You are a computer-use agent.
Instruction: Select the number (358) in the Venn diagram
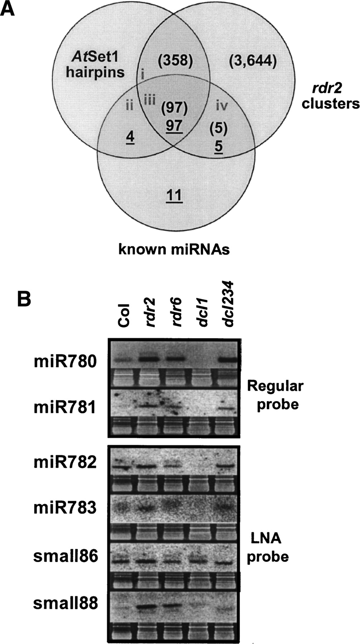point(175,60)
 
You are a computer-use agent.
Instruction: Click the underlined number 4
point(130,137)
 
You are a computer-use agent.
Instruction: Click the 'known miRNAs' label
point(174,249)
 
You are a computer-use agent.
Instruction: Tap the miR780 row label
point(65,362)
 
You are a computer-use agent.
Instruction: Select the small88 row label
point(65,604)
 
